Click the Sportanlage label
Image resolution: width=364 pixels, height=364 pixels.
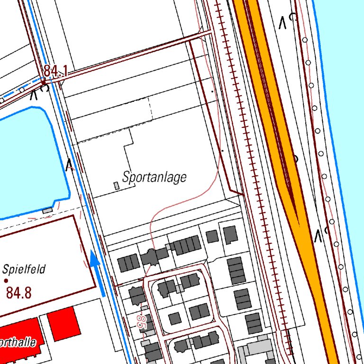[x=155, y=177]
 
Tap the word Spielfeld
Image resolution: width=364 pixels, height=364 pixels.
[x=24, y=270]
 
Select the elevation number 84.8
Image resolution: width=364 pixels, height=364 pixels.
[x=19, y=293]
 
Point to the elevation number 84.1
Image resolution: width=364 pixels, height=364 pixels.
[x=56, y=72]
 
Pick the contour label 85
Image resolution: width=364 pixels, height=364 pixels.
[x=141, y=323]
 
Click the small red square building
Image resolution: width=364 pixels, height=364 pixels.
[x=64, y=323]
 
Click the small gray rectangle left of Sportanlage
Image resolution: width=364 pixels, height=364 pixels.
[x=117, y=185]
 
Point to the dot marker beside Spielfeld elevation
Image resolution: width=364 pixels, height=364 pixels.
[x=6, y=281]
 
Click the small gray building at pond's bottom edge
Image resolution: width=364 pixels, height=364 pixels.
[x=48, y=210]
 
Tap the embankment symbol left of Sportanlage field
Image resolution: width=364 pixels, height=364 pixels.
[x=70, y=164]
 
